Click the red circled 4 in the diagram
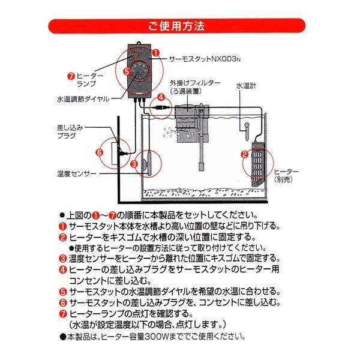coord(160,97)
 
